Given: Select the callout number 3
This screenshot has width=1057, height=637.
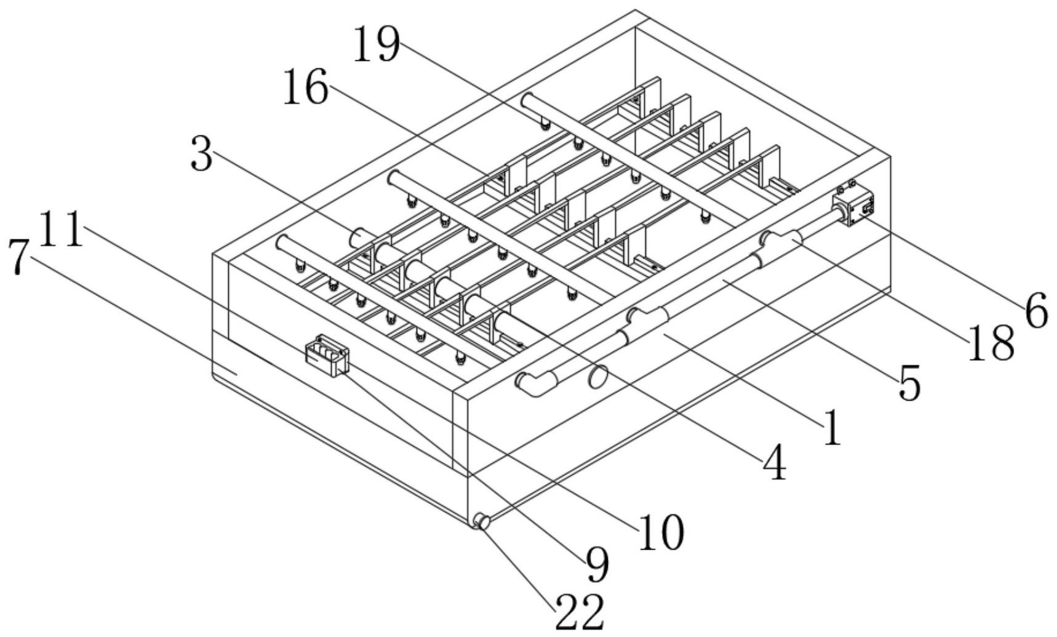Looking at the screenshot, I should tap(202, 154).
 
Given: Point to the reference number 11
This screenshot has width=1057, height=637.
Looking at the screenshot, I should tap(61, 229).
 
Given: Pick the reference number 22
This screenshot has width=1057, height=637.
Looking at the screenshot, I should tap(580, 612).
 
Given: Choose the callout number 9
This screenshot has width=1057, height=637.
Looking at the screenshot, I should tap(597, 564).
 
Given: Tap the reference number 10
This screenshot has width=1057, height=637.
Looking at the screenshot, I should tap(661, 532).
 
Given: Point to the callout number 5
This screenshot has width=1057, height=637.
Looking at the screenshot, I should tap(909, 383).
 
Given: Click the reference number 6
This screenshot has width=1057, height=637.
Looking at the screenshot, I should tap(1036, 310).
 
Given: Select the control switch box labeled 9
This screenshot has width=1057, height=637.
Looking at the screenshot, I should tap(327, 355).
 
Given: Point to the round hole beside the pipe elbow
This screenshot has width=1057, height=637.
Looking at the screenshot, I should tap(598, 376).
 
